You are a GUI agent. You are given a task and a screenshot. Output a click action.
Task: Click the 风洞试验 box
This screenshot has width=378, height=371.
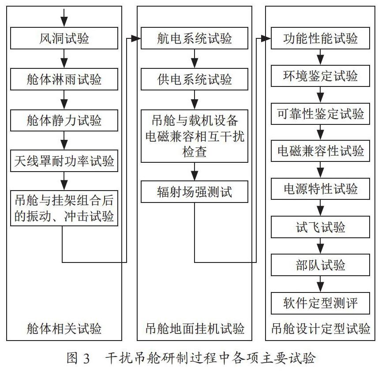pos(64,38)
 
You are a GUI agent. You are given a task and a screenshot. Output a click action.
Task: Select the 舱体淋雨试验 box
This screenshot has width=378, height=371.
pos(64,79)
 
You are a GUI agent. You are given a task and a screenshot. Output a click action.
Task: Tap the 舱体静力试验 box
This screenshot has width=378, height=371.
pos(64,120)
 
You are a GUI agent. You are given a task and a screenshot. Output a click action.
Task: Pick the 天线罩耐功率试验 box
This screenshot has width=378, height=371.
pos(64,161)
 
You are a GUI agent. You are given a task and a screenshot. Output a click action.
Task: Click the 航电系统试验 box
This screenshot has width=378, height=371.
pos(195,38)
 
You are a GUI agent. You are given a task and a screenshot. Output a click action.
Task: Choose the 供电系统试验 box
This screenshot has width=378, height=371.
pos(195,79)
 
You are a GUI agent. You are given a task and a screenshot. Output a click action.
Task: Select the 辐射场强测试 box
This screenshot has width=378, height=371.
pos(195,191)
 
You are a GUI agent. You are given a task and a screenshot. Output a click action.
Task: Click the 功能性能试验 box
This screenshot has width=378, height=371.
pos(320,38)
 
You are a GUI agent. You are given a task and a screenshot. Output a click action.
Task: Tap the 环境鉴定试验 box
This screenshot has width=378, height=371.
pos(320,76)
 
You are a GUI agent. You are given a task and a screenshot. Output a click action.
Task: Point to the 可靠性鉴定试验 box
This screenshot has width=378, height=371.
pos(320,114)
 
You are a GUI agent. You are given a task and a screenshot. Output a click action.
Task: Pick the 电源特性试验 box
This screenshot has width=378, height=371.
pos(320,189)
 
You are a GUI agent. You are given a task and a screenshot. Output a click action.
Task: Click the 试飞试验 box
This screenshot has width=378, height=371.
pos(320,227)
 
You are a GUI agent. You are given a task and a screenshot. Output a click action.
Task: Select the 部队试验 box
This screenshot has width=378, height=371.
pos(320,265)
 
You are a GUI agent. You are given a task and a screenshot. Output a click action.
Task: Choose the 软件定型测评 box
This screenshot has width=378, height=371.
pos(320,303)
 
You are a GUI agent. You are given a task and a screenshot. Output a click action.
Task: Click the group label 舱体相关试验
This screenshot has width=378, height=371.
pos(64,328)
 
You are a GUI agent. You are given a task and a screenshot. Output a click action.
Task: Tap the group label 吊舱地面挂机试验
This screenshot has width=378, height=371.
pos(195,328)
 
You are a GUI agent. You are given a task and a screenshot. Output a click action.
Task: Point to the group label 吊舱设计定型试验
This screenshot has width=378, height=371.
pos(321,328)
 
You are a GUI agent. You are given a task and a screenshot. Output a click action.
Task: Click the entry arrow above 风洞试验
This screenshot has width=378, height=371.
pos(64,18)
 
